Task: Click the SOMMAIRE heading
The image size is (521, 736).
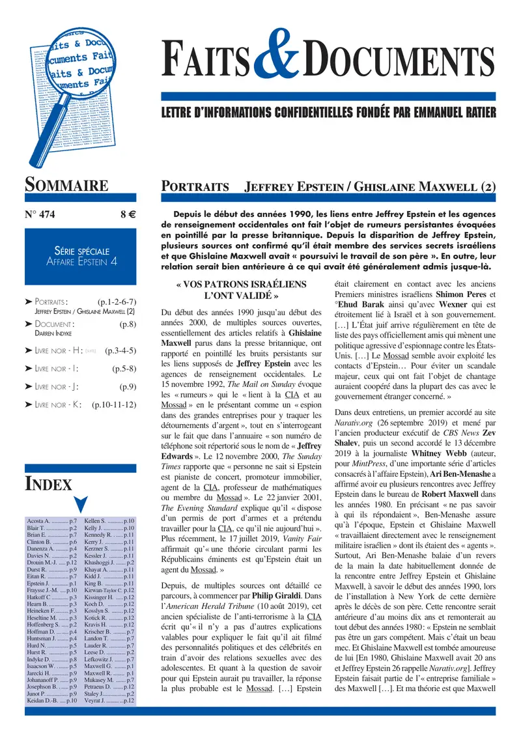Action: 66,186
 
